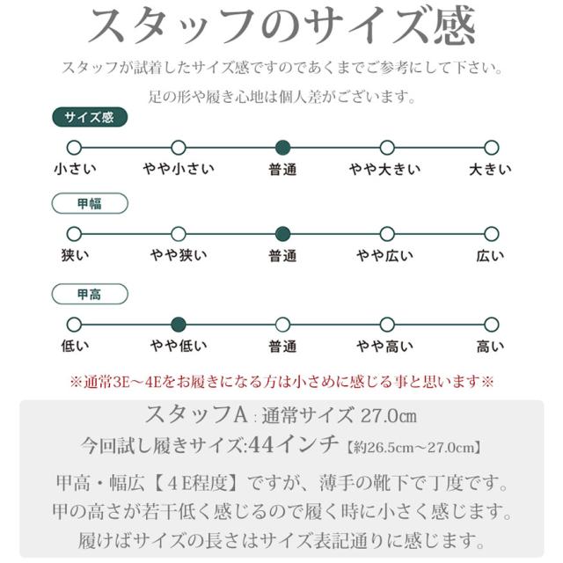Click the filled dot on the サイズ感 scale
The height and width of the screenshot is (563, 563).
pyautogui.click(x=282, y=147)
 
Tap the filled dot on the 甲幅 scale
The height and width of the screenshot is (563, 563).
pyautogui.click(x=282, y=234)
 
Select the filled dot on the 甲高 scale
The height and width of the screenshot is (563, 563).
pyautogui.click(x=179, y=325)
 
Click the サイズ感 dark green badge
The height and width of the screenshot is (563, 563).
pyautogui.click(x=91, y=117)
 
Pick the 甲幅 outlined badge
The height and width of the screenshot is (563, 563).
pyautogui.click(x=91, y=204)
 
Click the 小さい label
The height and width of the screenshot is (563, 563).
pyautogui.click(x=75, y=169)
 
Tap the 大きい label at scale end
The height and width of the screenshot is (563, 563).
pyautogui.click(x=490, y=169)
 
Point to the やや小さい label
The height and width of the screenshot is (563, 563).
pyautogui.click(x=179, y=169)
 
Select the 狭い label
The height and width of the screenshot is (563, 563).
pyautogui.click(x=75, y=256)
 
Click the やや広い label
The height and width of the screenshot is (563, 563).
pyautogui.click(x=385, y=256)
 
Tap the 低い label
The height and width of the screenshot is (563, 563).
pyautogui.click(x=75, y=347)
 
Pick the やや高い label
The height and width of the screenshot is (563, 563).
pyautogui.click(x=385, y=347)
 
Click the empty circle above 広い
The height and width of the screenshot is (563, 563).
pyautogui.click(x=491, y=234)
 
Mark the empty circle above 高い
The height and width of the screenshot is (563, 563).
pyautogui.click(x=491, y=325)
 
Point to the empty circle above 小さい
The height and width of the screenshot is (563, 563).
pyautogui.click(x=75, y=147)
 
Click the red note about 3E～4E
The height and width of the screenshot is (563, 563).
pyautogui.click(x=281, y=382)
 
